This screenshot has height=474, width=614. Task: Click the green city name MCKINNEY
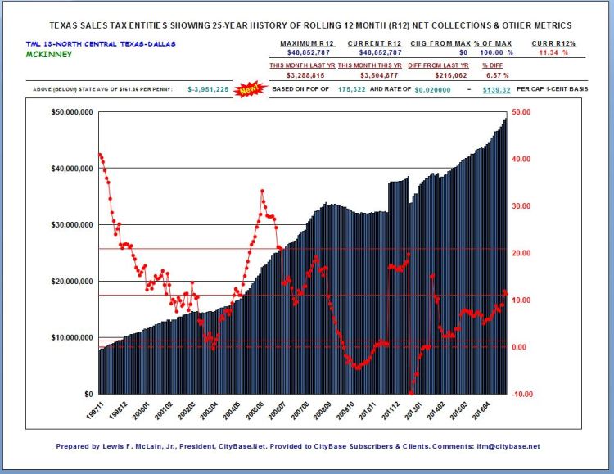[48, 54]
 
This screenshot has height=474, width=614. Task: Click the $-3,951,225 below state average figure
[208, 88]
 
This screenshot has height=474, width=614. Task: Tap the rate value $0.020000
[434, 88]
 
